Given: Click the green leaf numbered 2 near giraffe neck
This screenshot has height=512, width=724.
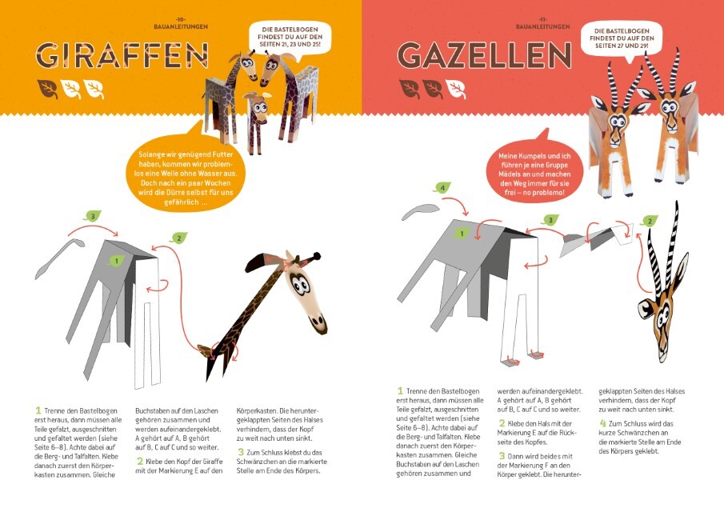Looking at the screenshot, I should click(x=180, y=238).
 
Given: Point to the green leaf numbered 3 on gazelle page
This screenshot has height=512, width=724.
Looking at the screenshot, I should click(x=550, y=219).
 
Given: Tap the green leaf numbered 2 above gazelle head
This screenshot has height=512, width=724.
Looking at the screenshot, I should click(x=650, y=220).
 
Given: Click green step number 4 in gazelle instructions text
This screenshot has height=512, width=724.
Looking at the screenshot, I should click(x=602, y=423).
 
